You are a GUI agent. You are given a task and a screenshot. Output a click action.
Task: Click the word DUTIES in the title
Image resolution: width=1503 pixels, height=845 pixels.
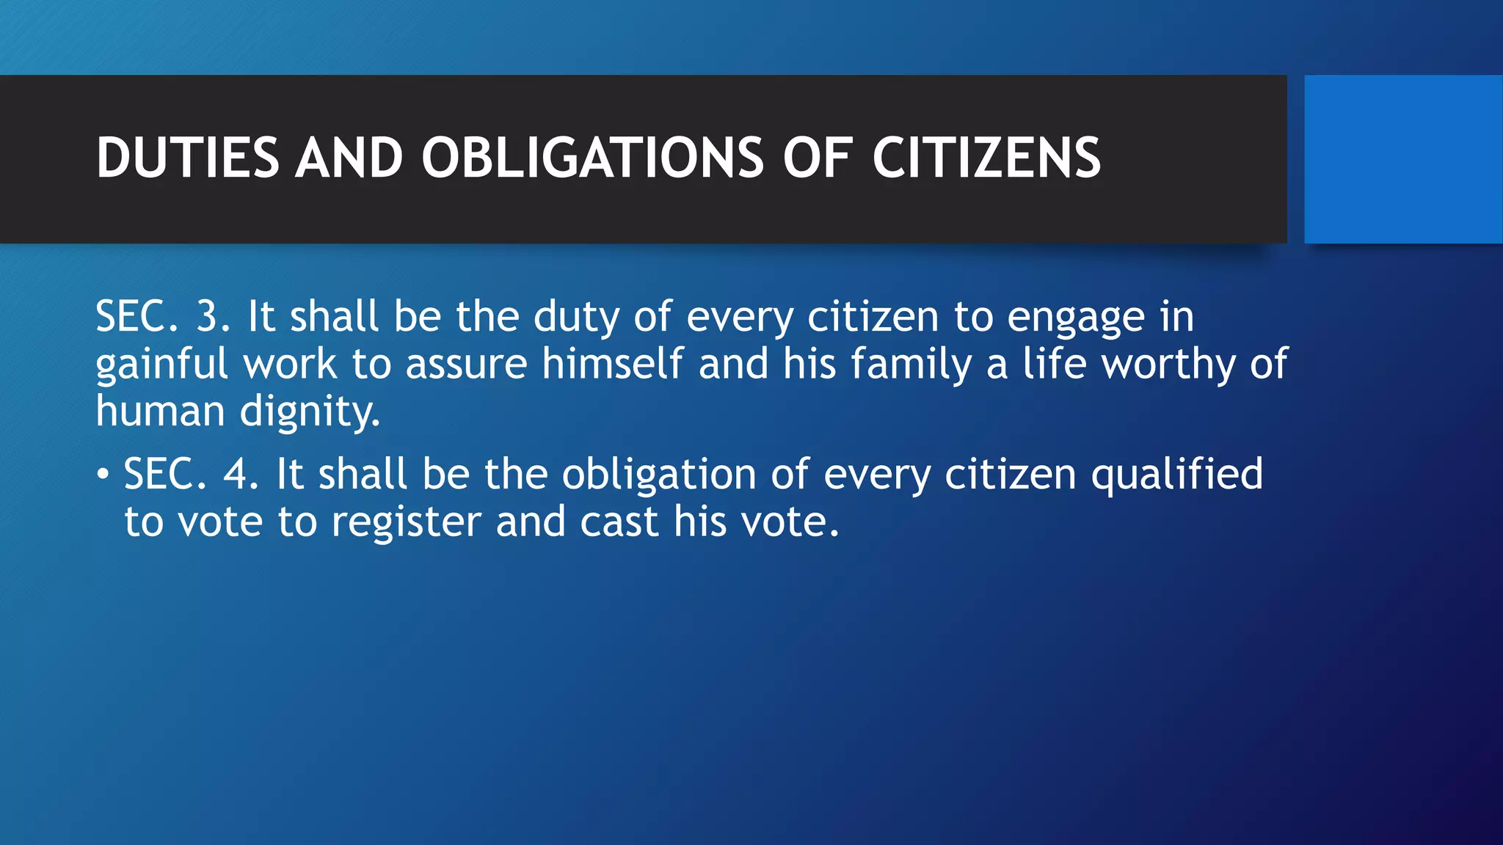[188, 158]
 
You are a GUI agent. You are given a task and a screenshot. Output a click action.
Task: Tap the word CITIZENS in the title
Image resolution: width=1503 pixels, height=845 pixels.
[986, 158]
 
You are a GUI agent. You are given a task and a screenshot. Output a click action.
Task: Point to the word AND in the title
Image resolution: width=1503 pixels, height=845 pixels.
[349, 158]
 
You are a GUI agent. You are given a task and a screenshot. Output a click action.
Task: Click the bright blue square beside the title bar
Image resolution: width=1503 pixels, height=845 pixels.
[1402, 158]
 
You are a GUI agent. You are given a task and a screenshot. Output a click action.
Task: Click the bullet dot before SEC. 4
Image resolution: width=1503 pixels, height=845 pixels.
[103, 475]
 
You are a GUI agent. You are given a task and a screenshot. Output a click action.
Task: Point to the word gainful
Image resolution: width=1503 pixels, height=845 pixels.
[161, 365]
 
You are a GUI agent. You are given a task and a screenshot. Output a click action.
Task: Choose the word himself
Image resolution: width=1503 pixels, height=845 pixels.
[613, 364]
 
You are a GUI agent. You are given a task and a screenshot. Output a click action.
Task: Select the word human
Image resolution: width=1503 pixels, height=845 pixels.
[160, 411]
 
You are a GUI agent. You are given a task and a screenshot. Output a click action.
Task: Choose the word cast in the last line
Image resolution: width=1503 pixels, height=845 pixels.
[619, 522]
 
